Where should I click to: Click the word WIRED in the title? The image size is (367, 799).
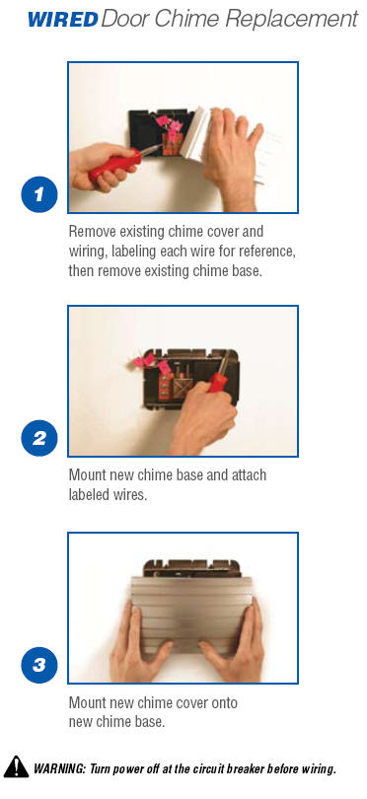(x=63, y=20)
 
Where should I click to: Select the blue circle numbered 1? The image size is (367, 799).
(x=39, y=194)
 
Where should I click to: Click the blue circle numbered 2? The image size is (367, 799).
(x=39, y=438)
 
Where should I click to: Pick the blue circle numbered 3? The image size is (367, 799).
(x=39, y=665)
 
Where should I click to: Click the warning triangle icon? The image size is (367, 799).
(x=17, y=766)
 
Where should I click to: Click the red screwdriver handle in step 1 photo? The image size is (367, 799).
(x=115, y=164)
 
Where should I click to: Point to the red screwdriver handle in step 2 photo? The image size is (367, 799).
(x=218, y=381)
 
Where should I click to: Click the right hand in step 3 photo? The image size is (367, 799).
(x=236, y=642)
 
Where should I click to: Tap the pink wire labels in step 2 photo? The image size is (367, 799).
(x=150, y=362)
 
